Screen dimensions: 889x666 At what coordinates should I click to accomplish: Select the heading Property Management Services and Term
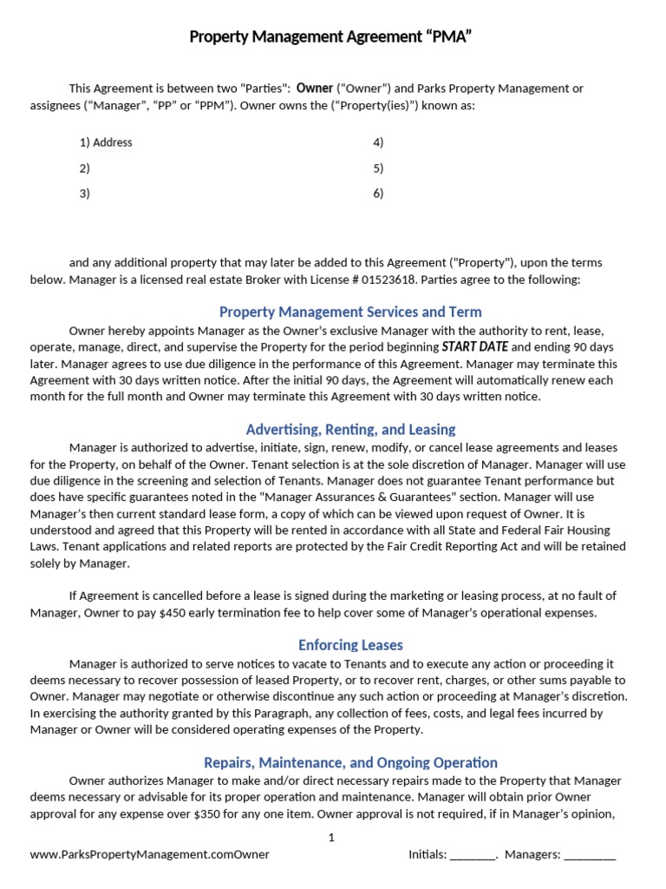click(x=350, y=312)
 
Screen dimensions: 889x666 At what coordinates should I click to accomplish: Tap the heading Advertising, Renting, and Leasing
click(x=350, y=429)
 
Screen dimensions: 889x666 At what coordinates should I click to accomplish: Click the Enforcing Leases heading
click(x=350, y=645)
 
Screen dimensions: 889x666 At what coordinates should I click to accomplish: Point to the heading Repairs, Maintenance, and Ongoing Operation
click(x=350, y=762)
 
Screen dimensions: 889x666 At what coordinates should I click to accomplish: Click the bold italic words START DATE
click(x=475, y=346)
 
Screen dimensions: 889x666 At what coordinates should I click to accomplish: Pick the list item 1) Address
click(x=106, y=142)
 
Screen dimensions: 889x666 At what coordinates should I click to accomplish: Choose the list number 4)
click(x=378, y=142)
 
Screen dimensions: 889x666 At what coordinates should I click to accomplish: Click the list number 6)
click(x=378, y=194)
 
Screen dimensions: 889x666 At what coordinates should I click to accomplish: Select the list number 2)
click(x=85, y=168)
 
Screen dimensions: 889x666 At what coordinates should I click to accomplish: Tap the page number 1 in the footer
click(x=331, y=838)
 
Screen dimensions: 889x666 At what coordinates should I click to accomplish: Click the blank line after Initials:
click(x=473, y=855)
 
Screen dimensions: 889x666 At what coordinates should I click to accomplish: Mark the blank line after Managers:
click(x=589, y=855)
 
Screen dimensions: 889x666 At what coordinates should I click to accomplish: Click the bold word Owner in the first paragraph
click(x=315, y=88)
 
